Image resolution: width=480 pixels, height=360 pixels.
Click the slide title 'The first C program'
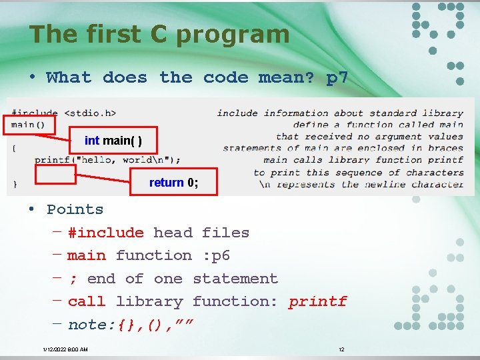(x=159, y=34)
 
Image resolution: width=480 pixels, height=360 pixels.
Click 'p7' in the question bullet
(x=337, y=77)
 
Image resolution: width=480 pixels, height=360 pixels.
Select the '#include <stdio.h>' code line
(x=63, y=113)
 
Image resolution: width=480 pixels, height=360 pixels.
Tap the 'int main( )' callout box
(x=113, y=141)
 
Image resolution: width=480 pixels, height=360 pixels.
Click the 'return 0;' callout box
(x=173, y=182)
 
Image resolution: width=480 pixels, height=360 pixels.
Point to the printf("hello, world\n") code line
(x=107, y=160)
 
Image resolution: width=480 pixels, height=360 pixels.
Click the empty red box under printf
(x=55, y=174)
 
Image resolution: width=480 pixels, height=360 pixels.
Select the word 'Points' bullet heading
(x=75, y=209)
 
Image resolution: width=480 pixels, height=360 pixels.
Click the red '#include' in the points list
(x=105, y=233)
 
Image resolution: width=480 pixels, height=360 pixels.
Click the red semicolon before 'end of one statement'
(x=73, y=279)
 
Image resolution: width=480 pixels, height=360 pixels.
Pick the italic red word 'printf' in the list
(x=317, y=301)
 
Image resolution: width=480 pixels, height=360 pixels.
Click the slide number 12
(x=341, y=349)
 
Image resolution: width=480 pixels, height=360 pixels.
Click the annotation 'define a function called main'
(x=377, y=125)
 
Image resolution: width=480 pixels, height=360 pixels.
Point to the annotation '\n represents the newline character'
(x=360, y=184)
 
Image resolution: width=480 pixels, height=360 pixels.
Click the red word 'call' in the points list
(x=87, y=301)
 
